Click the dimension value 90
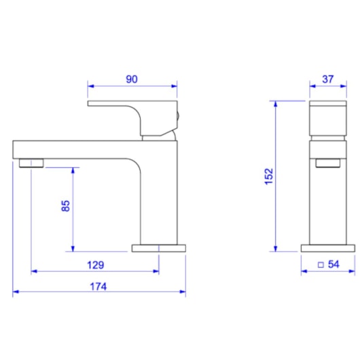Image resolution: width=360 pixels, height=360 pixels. [x=132, y=79]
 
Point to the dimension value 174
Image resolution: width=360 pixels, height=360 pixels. [x=99, y=286]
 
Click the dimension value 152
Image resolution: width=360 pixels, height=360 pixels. [x=269, y=176]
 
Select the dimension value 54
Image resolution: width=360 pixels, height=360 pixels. [x=334, y=264]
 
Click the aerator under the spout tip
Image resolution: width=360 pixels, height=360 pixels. [x=31, y=162]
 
